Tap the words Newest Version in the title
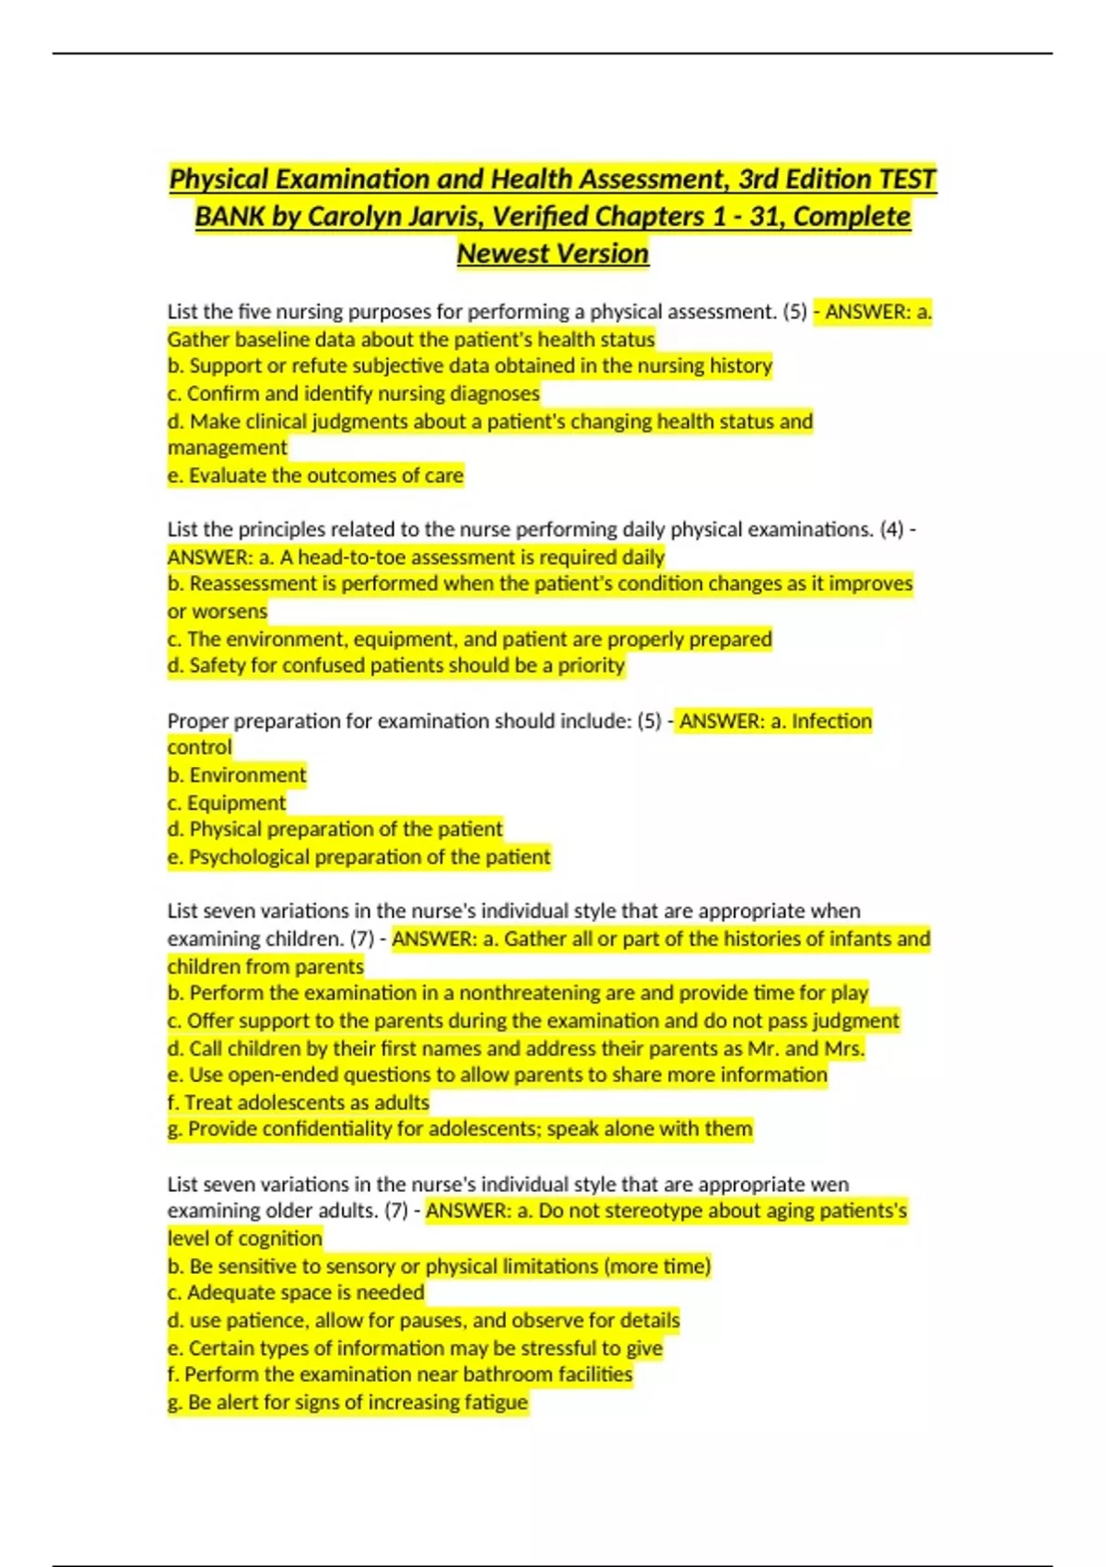pos(553,253)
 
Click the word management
pos(227,448)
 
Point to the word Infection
pos(831,721)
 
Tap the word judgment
pos(855,1020)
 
